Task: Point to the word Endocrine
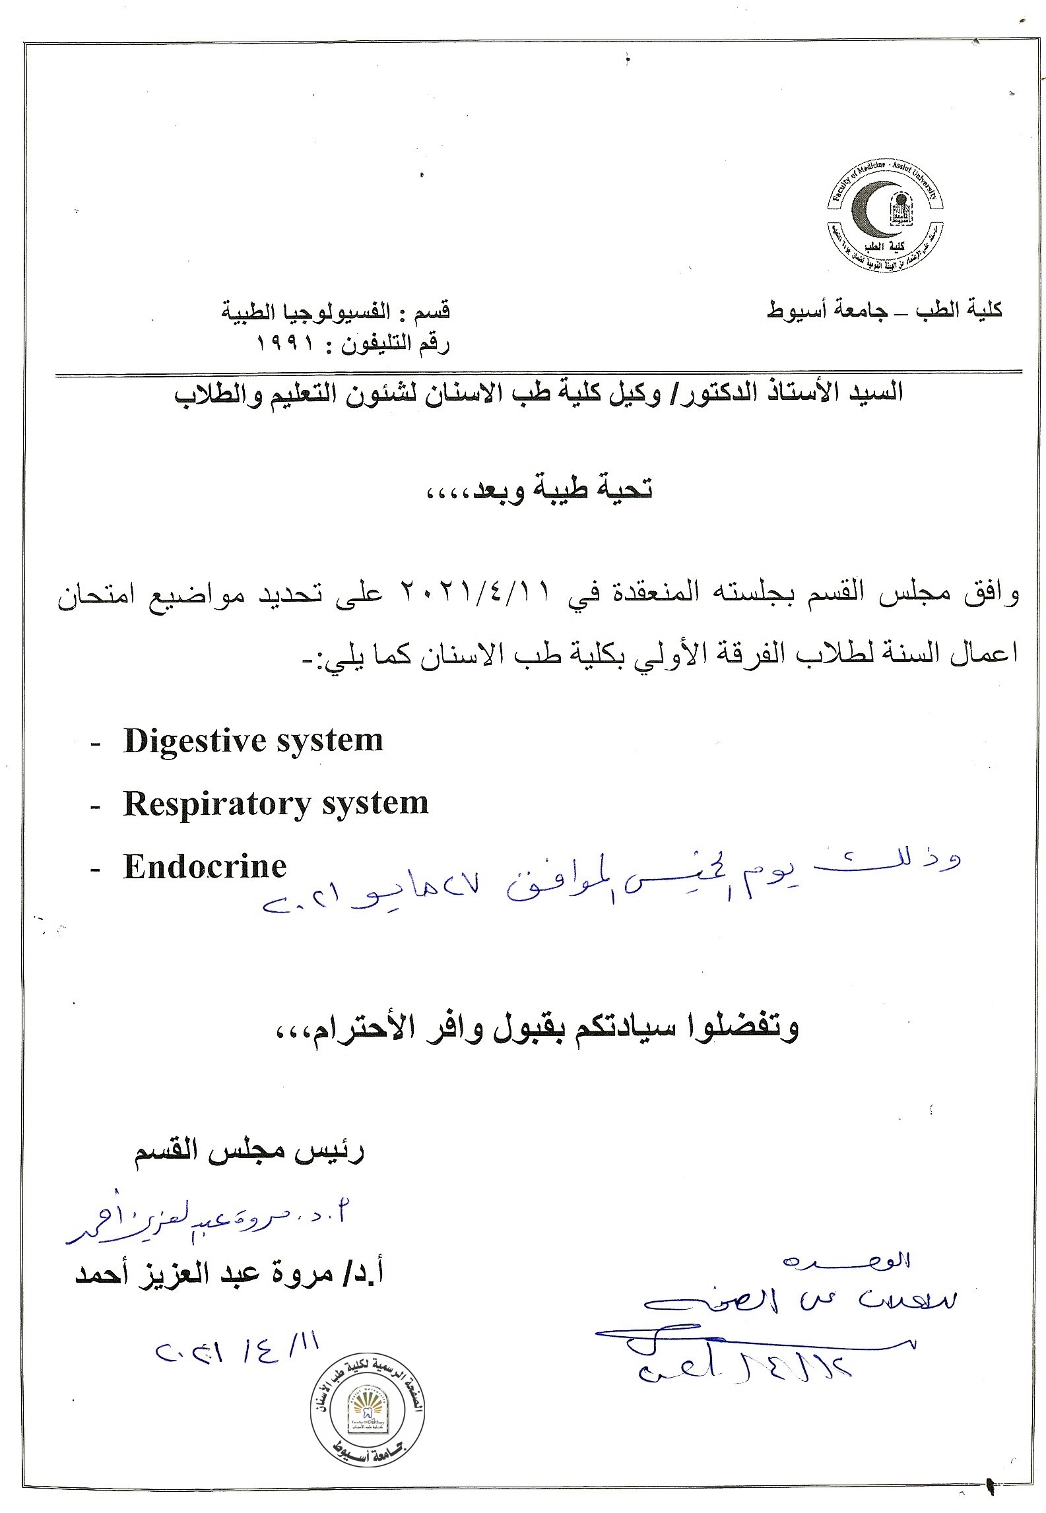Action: [x=205, y=866]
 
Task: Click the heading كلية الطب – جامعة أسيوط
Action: [x=884, y=310]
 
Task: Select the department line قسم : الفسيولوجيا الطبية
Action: [x=335, y=311]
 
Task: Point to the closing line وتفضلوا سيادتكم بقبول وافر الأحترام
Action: [x=535, y=1045]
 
